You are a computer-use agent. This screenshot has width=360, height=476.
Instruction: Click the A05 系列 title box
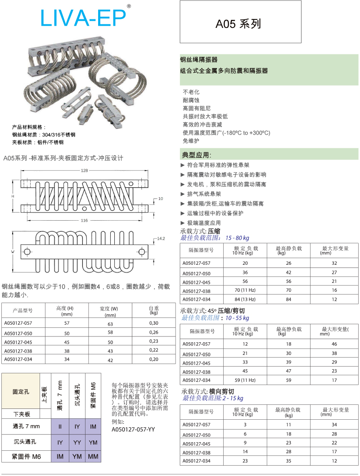(240, 22)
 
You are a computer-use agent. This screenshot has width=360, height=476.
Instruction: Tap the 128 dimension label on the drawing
(85, 171)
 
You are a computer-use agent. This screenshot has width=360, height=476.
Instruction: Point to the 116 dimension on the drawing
(84, 220)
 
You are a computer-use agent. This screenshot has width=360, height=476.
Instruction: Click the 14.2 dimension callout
(161, 238)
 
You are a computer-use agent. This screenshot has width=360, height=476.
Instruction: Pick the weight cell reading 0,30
(154, 323)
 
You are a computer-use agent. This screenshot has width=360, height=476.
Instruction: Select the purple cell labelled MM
(94, 456)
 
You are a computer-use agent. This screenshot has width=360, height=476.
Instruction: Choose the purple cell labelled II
(60, 426)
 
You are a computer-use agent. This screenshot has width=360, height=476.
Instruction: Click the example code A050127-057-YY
(133, 429)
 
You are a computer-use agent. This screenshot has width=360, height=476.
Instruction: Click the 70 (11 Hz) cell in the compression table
(245, 290)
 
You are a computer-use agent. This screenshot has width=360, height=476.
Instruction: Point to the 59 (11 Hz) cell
(245, 380)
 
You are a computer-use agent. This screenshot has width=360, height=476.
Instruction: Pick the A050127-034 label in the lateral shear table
(196, 461)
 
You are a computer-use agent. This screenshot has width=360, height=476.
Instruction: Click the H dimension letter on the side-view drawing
(13, 197)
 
